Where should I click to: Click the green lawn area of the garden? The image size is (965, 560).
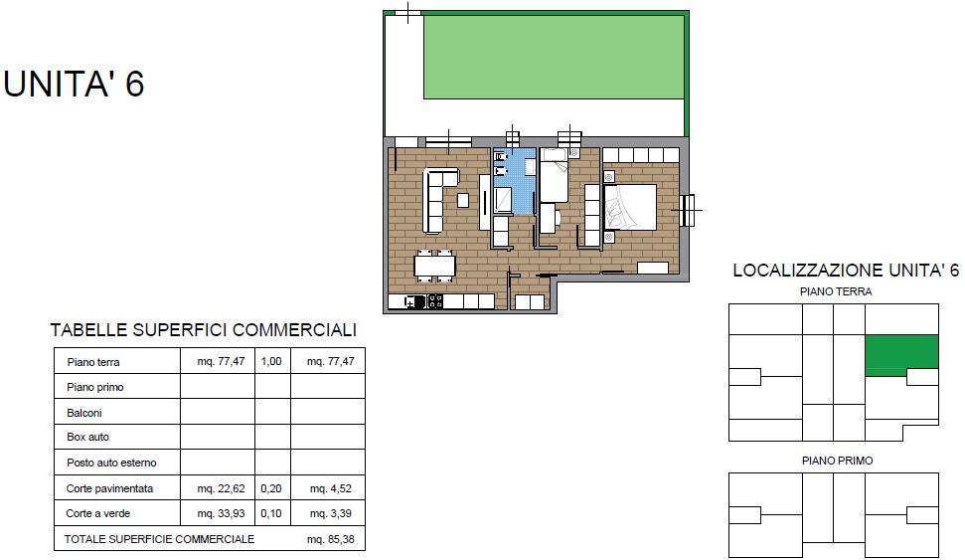554,57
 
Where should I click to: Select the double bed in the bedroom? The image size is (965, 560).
630,207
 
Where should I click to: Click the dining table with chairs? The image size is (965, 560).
434,266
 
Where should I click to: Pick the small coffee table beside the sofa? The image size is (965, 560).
463,200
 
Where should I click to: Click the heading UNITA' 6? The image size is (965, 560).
74,84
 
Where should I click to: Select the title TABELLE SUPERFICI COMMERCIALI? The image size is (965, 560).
204,330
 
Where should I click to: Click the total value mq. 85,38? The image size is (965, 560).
331,539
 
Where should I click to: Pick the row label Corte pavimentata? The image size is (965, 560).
109,488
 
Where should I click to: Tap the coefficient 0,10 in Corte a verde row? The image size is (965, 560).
271,513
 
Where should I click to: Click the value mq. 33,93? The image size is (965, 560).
221,513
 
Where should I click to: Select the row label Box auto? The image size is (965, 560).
88,437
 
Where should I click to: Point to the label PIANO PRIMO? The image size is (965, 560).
837,461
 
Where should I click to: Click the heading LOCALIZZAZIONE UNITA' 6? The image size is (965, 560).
846,271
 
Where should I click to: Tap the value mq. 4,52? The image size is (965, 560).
331,488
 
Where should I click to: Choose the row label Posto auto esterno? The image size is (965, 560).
111,463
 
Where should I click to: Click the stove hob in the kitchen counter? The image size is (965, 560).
435,301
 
